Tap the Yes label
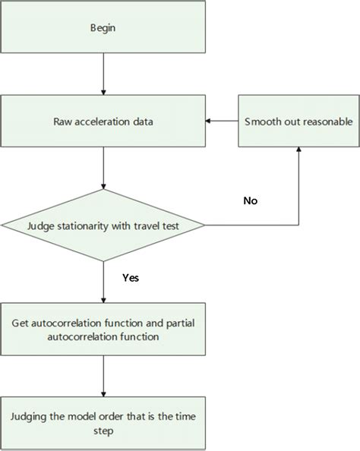tap(130, 277)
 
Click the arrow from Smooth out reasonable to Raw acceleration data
tap(222, 121)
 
